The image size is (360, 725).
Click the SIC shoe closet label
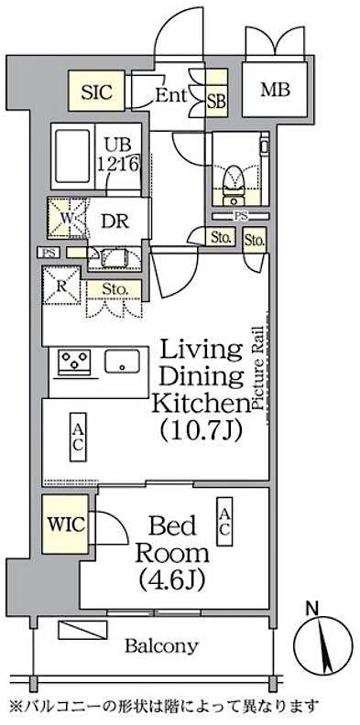coord(97,92)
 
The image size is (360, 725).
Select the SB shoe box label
coord(216,102)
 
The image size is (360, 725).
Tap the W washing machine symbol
coord(67,220)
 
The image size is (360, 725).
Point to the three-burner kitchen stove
coord(77,361)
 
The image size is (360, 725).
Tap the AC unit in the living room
coord(78,436)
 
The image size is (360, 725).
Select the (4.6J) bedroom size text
coord(172,579)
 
